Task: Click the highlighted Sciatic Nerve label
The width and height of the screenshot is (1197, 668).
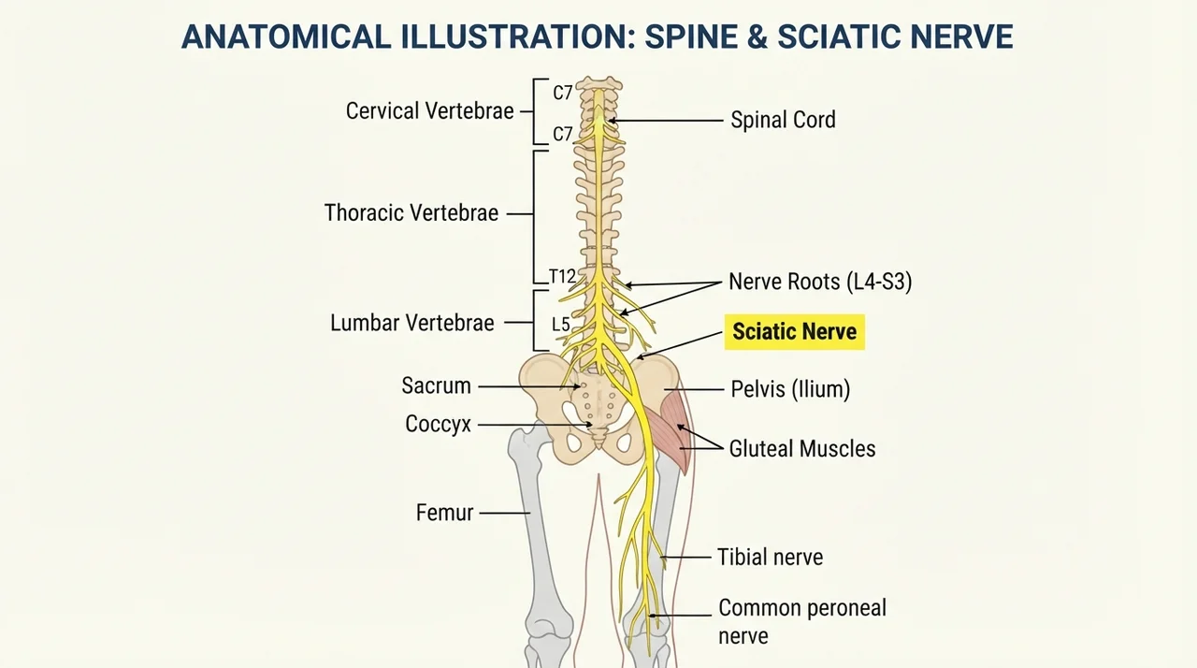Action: point(795,332)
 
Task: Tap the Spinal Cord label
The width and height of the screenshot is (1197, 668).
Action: point(783,120)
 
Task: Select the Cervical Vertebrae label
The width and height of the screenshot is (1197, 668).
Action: point(429,111)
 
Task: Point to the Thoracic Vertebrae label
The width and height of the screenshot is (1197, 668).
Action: point(411,212)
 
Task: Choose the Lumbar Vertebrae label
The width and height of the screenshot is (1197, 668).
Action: point(412,323)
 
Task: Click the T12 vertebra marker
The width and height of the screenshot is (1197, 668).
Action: point(562,276)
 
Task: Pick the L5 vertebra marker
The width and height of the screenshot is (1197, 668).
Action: point(560,325)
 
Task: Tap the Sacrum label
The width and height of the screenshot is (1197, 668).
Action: point(436,385)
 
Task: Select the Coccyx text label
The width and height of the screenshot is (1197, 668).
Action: point(438,425)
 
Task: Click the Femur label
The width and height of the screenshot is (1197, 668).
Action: point(444,513)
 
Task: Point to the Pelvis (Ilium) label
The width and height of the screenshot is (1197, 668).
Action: point(790,389)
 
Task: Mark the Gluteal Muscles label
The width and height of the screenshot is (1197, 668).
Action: point(802,449)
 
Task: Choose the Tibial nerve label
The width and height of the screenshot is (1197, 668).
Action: point(770,558)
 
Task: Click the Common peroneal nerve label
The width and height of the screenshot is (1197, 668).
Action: point(802,622)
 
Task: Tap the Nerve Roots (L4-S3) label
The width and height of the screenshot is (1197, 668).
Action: point(820,282)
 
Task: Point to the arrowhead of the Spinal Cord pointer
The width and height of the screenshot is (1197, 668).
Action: point(611,121)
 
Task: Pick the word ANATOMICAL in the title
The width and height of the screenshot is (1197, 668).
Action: point(286,36)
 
